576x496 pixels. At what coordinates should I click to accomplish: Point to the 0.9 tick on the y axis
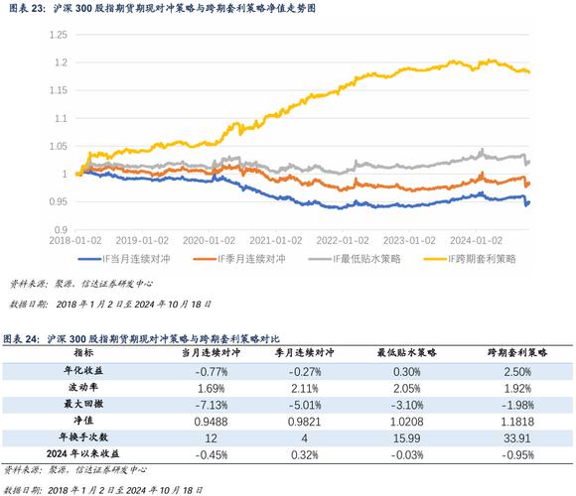click(61, 229)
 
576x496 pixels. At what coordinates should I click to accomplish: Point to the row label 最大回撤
click(83, 406)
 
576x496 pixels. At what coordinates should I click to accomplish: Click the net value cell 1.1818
click(517, 423)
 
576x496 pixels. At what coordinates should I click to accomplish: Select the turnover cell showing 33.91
click(517, 439)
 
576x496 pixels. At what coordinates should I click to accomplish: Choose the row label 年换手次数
click(83, 439)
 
